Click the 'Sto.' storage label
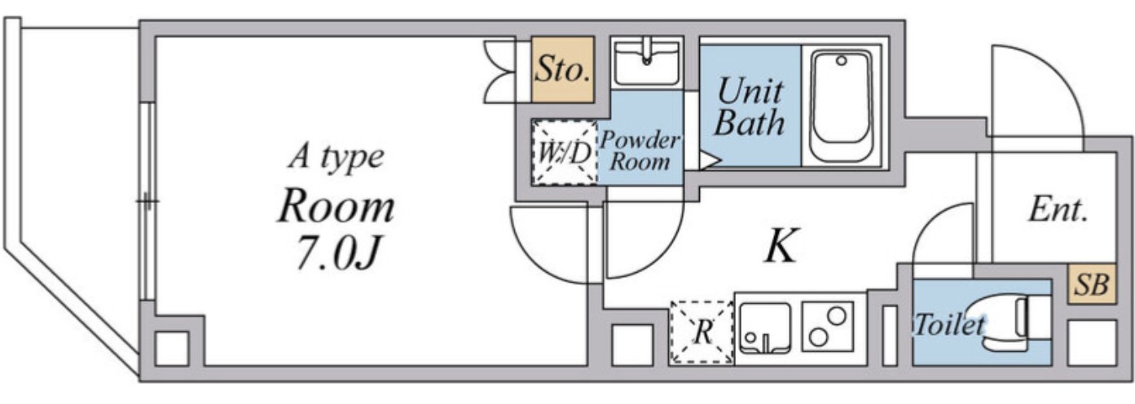point(562,69)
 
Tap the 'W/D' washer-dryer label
point(565,152)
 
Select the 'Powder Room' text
point(640,151)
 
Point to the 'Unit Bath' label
point(750,108)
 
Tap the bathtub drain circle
point(842,61)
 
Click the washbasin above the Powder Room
point(647,63)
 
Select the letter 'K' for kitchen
point(781,245)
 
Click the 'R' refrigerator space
point(702,332)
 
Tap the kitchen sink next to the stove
point(765,328)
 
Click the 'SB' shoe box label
point(1092,284)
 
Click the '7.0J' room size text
point(337,251)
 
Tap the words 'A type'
point(337,156)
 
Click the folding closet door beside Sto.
point(499,72)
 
